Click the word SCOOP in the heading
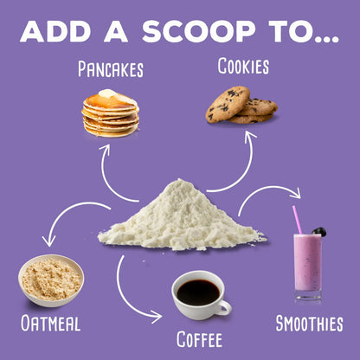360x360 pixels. coord(199,31)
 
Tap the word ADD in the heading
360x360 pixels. coord(55,31)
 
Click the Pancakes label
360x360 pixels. coord(111,69)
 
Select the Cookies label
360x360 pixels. coord(243,66)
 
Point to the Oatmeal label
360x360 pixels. coord(50,323)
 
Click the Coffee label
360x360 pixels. coord(199,339)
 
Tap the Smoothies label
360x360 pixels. coord(310,323)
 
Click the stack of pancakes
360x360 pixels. coord(111,113)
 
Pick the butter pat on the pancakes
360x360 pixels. coord(107,93)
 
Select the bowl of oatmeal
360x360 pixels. coord(51,280)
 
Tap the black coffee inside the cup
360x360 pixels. coord(198,292)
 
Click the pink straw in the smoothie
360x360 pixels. coord(297,220)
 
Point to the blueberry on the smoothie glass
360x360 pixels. coord(319,232)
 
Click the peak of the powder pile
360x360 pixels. coord(180,180)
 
